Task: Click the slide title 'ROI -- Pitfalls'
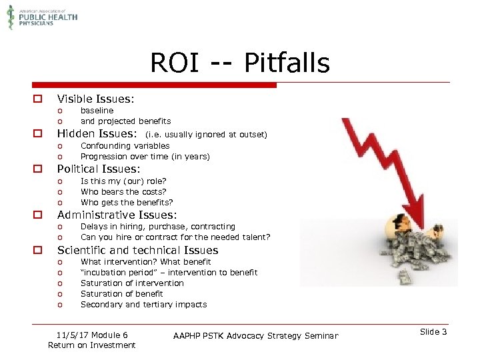(239, 63)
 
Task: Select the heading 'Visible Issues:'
(95, 99)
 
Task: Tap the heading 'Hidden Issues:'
(97, 134)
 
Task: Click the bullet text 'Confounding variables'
(125, 146)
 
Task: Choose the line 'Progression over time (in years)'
(145, 157)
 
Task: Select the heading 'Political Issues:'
(99, 169)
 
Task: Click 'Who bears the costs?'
(123, 192)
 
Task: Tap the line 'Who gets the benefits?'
(127, 203)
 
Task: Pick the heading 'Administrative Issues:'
(117, 215)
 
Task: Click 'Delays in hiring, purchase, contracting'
(157, 227)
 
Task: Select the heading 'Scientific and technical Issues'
(137, 251)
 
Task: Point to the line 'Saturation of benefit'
(122, 294)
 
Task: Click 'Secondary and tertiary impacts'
(143, 305)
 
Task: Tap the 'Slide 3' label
(434, 332)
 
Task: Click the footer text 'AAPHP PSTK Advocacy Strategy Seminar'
(255, 335)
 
